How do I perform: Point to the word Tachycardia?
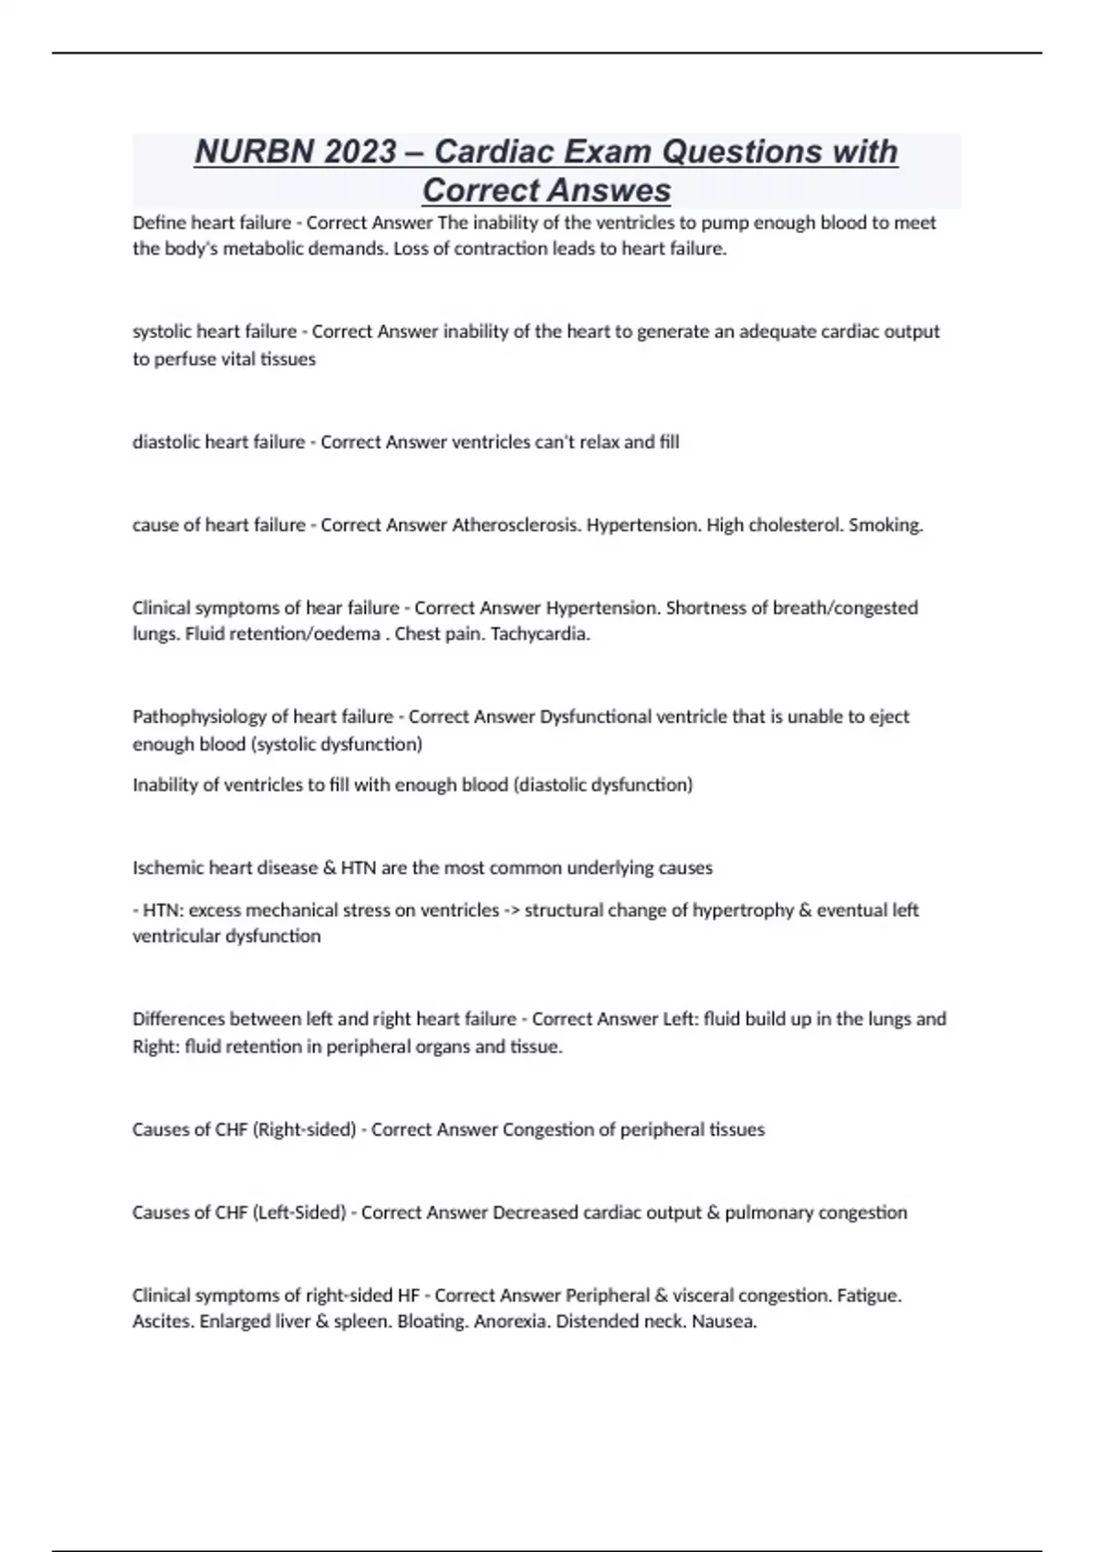[x=540, y=634]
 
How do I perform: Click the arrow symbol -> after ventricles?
[x=511, y=910]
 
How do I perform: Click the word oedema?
[x=349, y=634]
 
